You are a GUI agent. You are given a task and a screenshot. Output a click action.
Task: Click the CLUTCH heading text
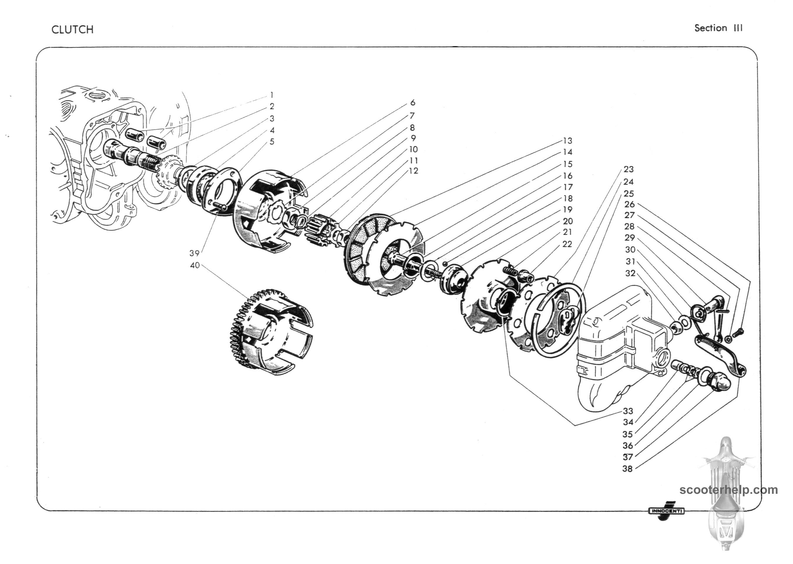(x=73, y=29)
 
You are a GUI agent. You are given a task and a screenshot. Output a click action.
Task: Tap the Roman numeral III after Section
(x=738, y=28)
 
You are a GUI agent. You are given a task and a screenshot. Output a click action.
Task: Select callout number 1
(x=272, y=95)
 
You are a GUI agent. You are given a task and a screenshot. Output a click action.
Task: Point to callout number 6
(x=412, y=103)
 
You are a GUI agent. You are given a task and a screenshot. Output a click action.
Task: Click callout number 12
(x=413, y=171)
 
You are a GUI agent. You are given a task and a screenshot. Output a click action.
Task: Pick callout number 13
(x=567, y=141)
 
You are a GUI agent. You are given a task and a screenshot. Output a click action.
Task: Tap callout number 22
(x=567, y=244)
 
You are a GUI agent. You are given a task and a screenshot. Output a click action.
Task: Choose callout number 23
(x=629, y=169)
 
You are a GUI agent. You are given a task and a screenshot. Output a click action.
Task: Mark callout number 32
(x=630, y=273)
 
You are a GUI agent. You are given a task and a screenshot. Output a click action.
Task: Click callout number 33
(x=628, y=411)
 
